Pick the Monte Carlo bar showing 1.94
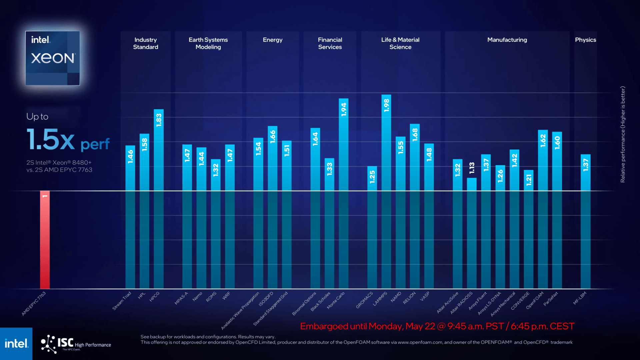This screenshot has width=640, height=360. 344,193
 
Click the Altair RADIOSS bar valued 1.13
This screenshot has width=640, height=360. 472,233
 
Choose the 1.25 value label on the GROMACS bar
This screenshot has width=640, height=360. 372,177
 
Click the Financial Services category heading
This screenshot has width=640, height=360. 330,43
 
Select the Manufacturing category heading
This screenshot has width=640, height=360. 507,40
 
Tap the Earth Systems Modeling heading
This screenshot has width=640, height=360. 208,43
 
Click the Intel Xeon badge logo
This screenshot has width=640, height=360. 53,58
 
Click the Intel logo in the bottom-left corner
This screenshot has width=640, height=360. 16,344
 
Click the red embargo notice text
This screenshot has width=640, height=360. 437,326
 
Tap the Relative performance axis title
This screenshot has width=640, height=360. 623,134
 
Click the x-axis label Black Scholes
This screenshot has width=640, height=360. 320,302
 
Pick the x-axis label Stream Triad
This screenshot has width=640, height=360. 122,301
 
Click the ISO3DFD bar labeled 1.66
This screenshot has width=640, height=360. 272,207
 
